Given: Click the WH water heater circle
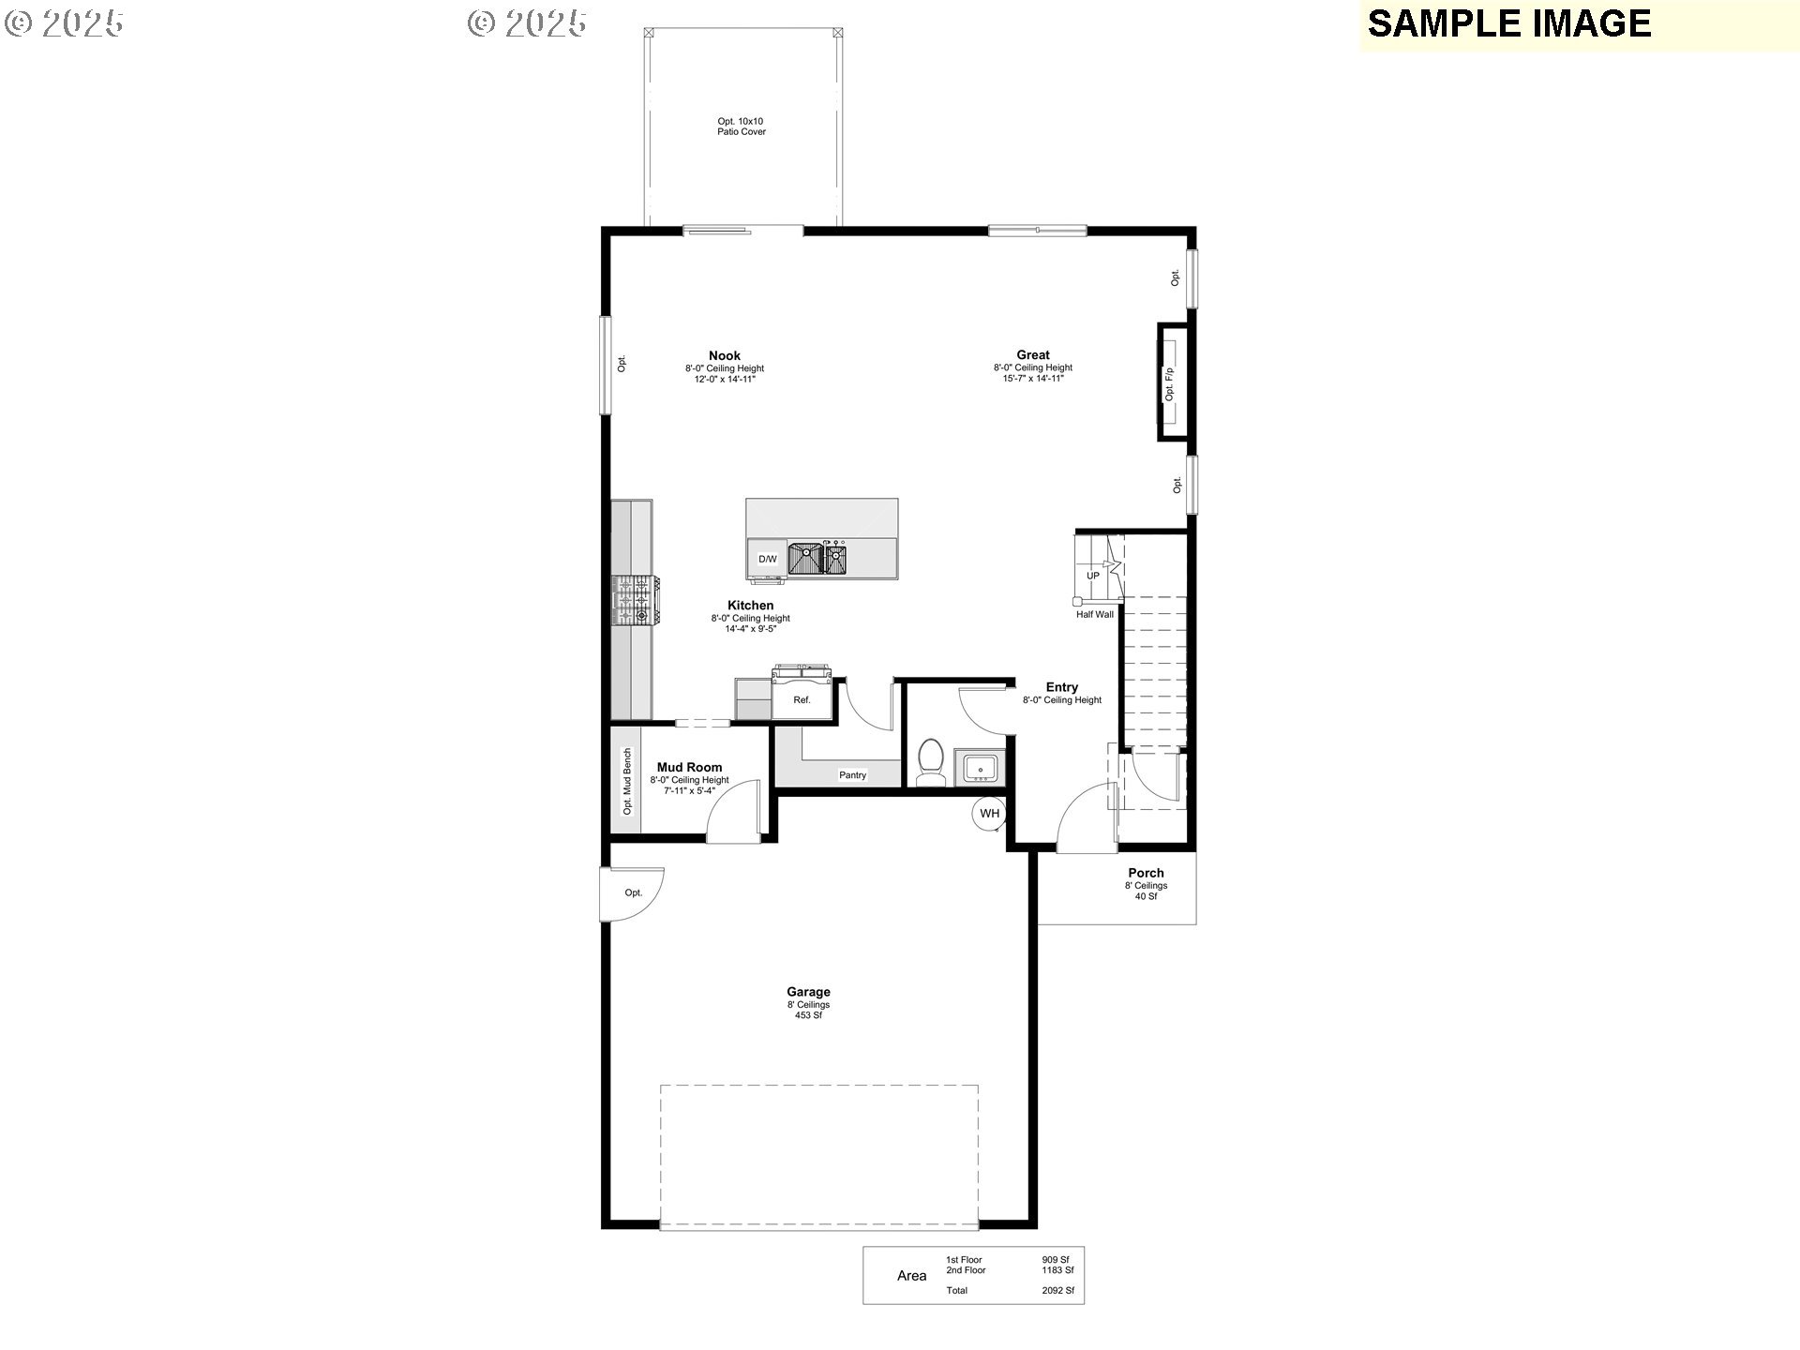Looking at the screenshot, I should (x=990, y=813).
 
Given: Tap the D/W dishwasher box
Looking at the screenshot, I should (x=768, y=559).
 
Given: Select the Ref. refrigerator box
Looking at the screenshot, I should (x=802, y=700).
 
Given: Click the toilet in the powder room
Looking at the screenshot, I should (x=931, y=761).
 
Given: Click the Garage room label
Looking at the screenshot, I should (x=808, y=992).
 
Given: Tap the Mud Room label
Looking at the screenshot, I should (x=689, y=767).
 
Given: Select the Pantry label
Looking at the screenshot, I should (x=852, y=775).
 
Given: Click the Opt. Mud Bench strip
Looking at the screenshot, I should (x=627, y=781).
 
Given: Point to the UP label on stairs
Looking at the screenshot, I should (x=1093, y=576).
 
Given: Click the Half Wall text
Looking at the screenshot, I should (x=1094, y=615).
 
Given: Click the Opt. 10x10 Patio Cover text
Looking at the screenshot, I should (x=741, y=127).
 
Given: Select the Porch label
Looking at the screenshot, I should (x=1146, y=873).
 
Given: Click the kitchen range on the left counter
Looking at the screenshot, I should (x=634, y=600).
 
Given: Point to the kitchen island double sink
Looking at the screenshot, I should (x=817, y=559).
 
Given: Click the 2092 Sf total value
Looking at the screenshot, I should (x=1057, y=1291).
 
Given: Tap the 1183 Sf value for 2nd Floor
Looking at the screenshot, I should (x=1057, y=1270).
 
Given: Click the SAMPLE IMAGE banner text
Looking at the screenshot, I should (x=1508, y=24).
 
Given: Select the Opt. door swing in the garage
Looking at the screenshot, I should (x=633, y=892).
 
